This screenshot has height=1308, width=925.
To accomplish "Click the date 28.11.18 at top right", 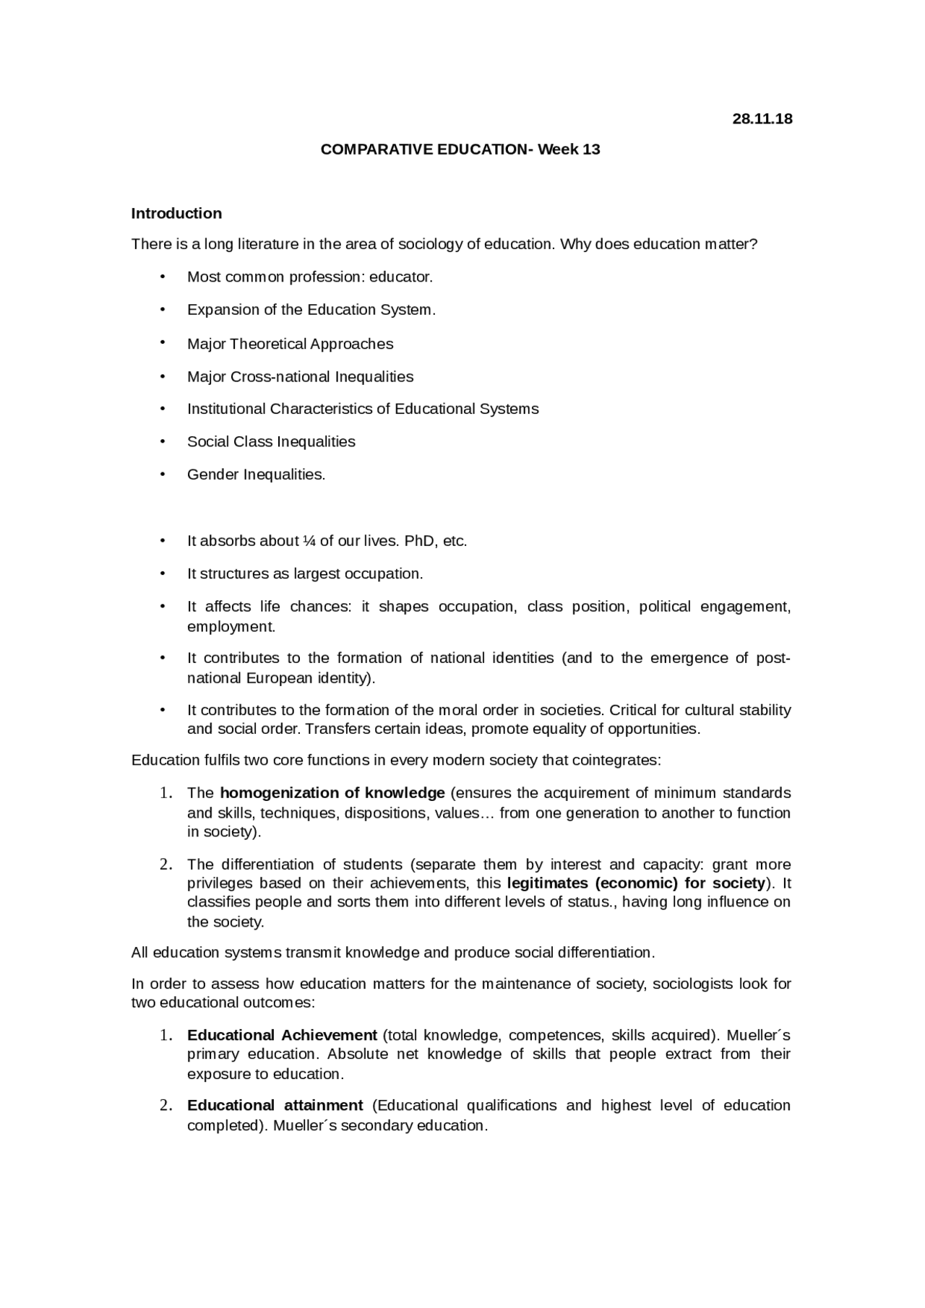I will click(762, 119).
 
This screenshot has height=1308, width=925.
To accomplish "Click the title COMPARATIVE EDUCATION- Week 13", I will click(460, 150).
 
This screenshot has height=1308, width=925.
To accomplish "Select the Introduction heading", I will click(176, 213).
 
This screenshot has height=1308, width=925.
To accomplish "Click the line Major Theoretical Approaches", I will click(290, 344).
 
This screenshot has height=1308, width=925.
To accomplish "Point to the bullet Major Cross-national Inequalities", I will click(300, 376).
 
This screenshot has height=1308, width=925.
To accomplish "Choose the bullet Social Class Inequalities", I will click(271, 441).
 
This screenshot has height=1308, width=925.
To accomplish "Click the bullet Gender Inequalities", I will click(256, 475).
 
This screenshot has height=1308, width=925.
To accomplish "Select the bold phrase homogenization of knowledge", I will click(332, 793).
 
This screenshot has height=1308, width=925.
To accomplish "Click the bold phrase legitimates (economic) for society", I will click(636, 883).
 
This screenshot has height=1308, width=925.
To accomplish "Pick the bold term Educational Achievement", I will click(282, 1035).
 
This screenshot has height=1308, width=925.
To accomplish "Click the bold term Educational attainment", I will click(275, 1105).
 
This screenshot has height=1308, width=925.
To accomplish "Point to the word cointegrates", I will click(619, 761).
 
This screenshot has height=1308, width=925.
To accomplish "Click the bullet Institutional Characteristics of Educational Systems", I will click(363, 409).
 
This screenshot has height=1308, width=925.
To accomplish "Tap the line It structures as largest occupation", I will click(304, 573).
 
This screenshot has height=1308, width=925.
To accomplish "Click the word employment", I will click(231, 627).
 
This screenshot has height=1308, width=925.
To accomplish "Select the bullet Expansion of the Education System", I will click(311, 310).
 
